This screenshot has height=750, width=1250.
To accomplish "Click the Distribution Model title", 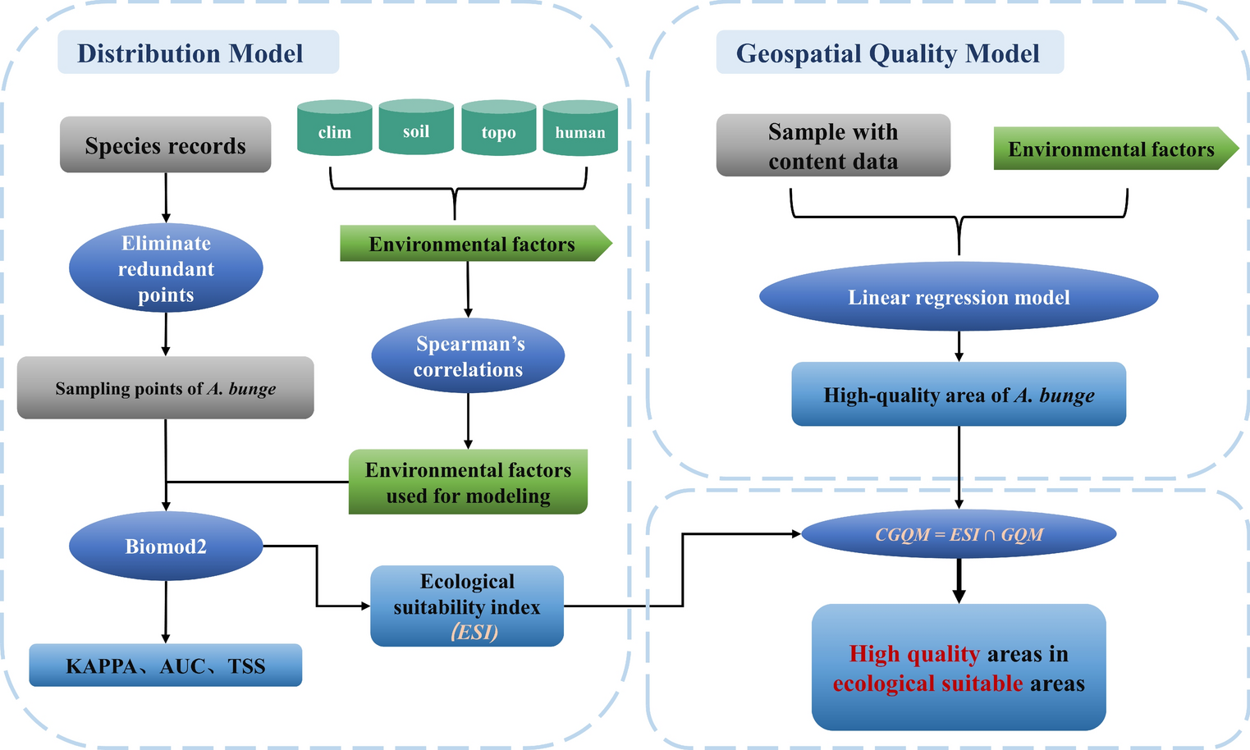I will pyautogui.click(x=190, y=53).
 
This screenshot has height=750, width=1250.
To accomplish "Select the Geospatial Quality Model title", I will pyautogui.click(x=888, y=53).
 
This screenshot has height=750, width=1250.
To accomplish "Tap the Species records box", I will pyautogui.click(x=165, y=145).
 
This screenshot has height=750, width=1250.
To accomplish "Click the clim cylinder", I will pyautogui.click(x=334, y=130).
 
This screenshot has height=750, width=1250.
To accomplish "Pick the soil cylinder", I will pyautogui.click(x=416, y=129).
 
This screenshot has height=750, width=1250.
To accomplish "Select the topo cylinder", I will pyautogui.click(x=498, y=130).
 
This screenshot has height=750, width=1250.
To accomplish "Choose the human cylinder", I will pyautogui.click(x=580, y=130).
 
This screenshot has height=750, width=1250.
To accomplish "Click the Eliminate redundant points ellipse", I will pyautogui.click(x=166, y=269).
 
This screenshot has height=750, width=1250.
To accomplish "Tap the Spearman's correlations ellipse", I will pyautogui.click(x=468, y=356).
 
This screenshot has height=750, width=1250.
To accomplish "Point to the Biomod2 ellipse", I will pyautogui.click(x=166, y=546).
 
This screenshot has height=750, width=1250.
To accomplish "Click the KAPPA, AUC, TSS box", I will pyautogui.click(x=166, y=665).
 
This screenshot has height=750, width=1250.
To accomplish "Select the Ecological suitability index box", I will pyautogui.click(x=467, y=606).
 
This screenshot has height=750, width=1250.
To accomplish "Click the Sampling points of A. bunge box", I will pyautogui.click(x=166, y=388).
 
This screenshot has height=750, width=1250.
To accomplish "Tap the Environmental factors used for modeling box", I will pyautogui.click(x=468, y=482).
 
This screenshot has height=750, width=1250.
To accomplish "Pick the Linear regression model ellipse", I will pyautogui.click(x=959, y=297).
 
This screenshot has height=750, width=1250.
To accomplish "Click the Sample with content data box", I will pyautogui.click(x=833, y=146).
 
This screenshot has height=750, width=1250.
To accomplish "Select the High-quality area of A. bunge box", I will pyautogui.click(x=959, y=395).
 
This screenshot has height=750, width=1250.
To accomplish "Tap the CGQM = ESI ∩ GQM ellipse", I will pyautogui.click(x=959, y=535).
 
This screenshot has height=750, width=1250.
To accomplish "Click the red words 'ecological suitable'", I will pyautogui.click(x=927, y=684).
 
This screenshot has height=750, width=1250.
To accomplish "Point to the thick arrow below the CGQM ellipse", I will pyautogui.click(x=959, y=583).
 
